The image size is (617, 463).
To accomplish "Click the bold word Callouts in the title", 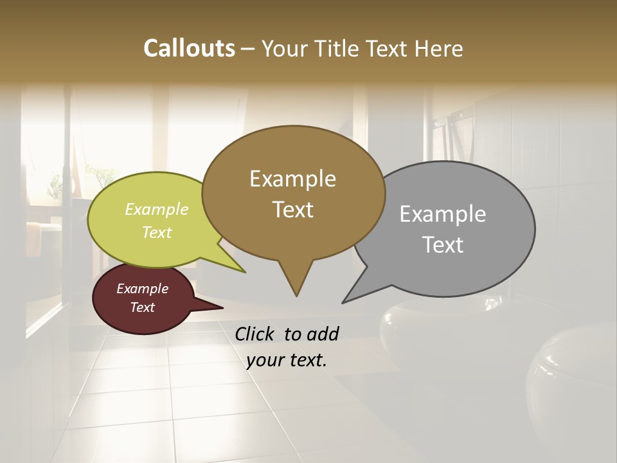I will coord(189,48).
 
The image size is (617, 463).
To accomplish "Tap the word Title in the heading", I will coord(339,48).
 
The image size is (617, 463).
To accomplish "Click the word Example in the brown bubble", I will coord(292,179).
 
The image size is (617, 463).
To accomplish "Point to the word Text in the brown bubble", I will coord(292,210).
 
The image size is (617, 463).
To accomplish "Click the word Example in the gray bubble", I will coord(443,214).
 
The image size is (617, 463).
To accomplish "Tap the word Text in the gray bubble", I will coord(443,245).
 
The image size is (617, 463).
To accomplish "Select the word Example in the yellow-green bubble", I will coord(157,209).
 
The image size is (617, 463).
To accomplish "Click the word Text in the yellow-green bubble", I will coord(157,232).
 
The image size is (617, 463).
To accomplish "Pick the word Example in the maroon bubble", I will coord(143,289).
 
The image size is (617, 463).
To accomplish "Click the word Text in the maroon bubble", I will coord(143,307).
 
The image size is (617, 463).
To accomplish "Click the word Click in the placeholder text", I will coord(256,334).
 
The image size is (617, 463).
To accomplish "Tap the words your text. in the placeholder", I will coord(287,360).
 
